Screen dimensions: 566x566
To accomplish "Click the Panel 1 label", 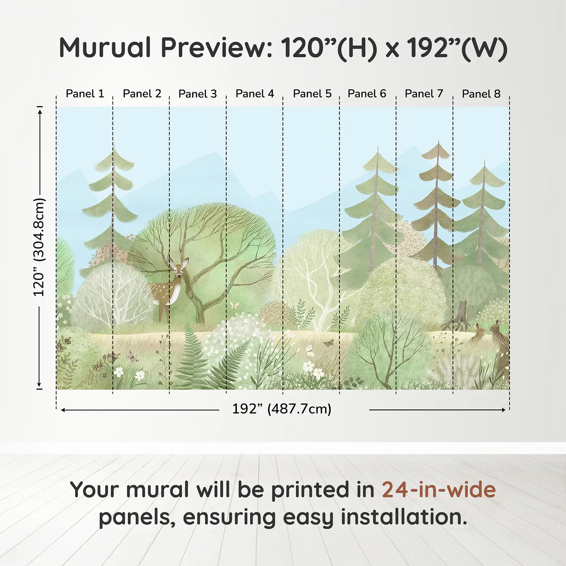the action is pos(85,94).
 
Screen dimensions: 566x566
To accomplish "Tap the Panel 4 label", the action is pos(255,94).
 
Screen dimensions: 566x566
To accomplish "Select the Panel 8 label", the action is pos(481,94).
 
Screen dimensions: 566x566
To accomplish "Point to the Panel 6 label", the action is pos(367,94).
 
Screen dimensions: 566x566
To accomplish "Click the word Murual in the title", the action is pos(105,48).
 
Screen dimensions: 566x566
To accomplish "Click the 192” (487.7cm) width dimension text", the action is pos(282,409).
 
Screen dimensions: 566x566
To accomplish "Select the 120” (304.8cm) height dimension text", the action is pos(39,247).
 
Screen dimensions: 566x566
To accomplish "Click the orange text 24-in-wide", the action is pos(439,489).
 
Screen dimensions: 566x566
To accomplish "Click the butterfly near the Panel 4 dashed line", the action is pos(234,305).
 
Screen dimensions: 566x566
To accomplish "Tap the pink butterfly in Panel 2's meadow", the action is pos(133,357).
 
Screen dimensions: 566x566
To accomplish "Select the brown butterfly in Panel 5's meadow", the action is pos(328,342).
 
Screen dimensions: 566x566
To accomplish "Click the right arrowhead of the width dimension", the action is pos(503,410).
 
